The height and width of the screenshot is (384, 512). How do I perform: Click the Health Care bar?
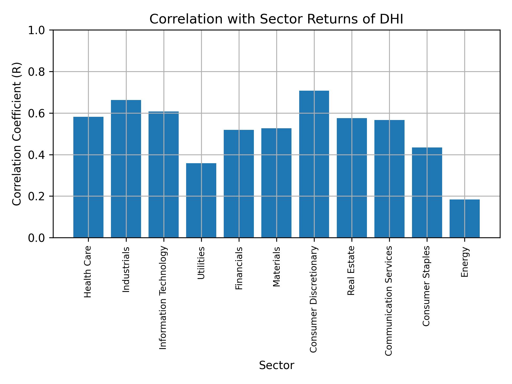point(88,177)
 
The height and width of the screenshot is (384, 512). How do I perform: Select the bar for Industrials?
point(126,169)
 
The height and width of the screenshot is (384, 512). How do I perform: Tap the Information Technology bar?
point(163,174)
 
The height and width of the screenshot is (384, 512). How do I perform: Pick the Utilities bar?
point(201,200)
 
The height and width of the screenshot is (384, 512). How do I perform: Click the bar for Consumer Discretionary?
point(314,164)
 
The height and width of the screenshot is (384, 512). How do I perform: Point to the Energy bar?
point(465,218)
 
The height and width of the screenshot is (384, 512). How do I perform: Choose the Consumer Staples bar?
point(427,192)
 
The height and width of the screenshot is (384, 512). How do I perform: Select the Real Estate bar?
point(352,178)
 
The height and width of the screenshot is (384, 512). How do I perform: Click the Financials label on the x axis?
point(239,268)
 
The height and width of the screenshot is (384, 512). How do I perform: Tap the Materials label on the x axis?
point(277,267)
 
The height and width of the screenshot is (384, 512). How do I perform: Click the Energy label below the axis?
point(465,262)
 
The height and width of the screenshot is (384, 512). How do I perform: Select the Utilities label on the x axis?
point(201,263)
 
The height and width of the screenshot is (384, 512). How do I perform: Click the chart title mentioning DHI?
point(276,19)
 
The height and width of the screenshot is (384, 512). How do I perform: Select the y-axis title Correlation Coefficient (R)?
point(17,134)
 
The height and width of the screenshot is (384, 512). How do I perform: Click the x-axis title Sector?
point(277,365)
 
